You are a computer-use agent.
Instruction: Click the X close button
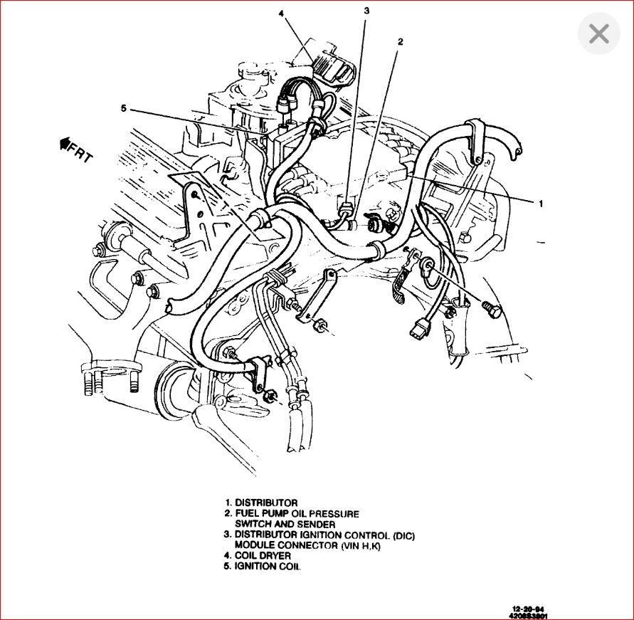point(599,33)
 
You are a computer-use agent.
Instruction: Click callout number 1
point(540,204)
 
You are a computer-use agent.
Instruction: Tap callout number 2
point(400,41)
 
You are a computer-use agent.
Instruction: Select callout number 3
point(366,11)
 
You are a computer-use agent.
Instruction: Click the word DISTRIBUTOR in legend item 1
point(266,503)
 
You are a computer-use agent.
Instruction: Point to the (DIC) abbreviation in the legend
point(400,535)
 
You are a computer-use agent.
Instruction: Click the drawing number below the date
point(529,616)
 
